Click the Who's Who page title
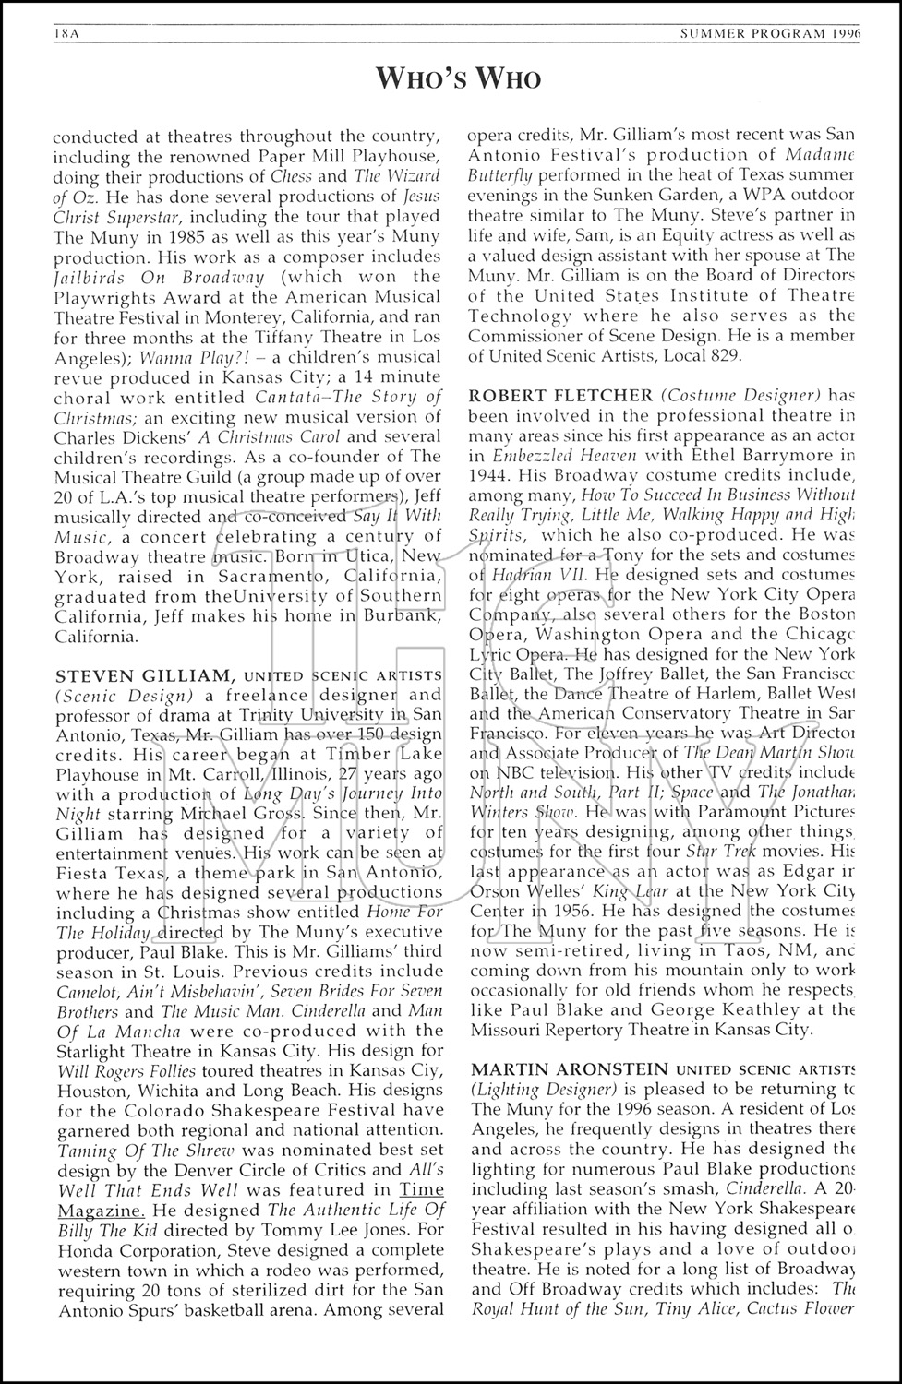458,78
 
